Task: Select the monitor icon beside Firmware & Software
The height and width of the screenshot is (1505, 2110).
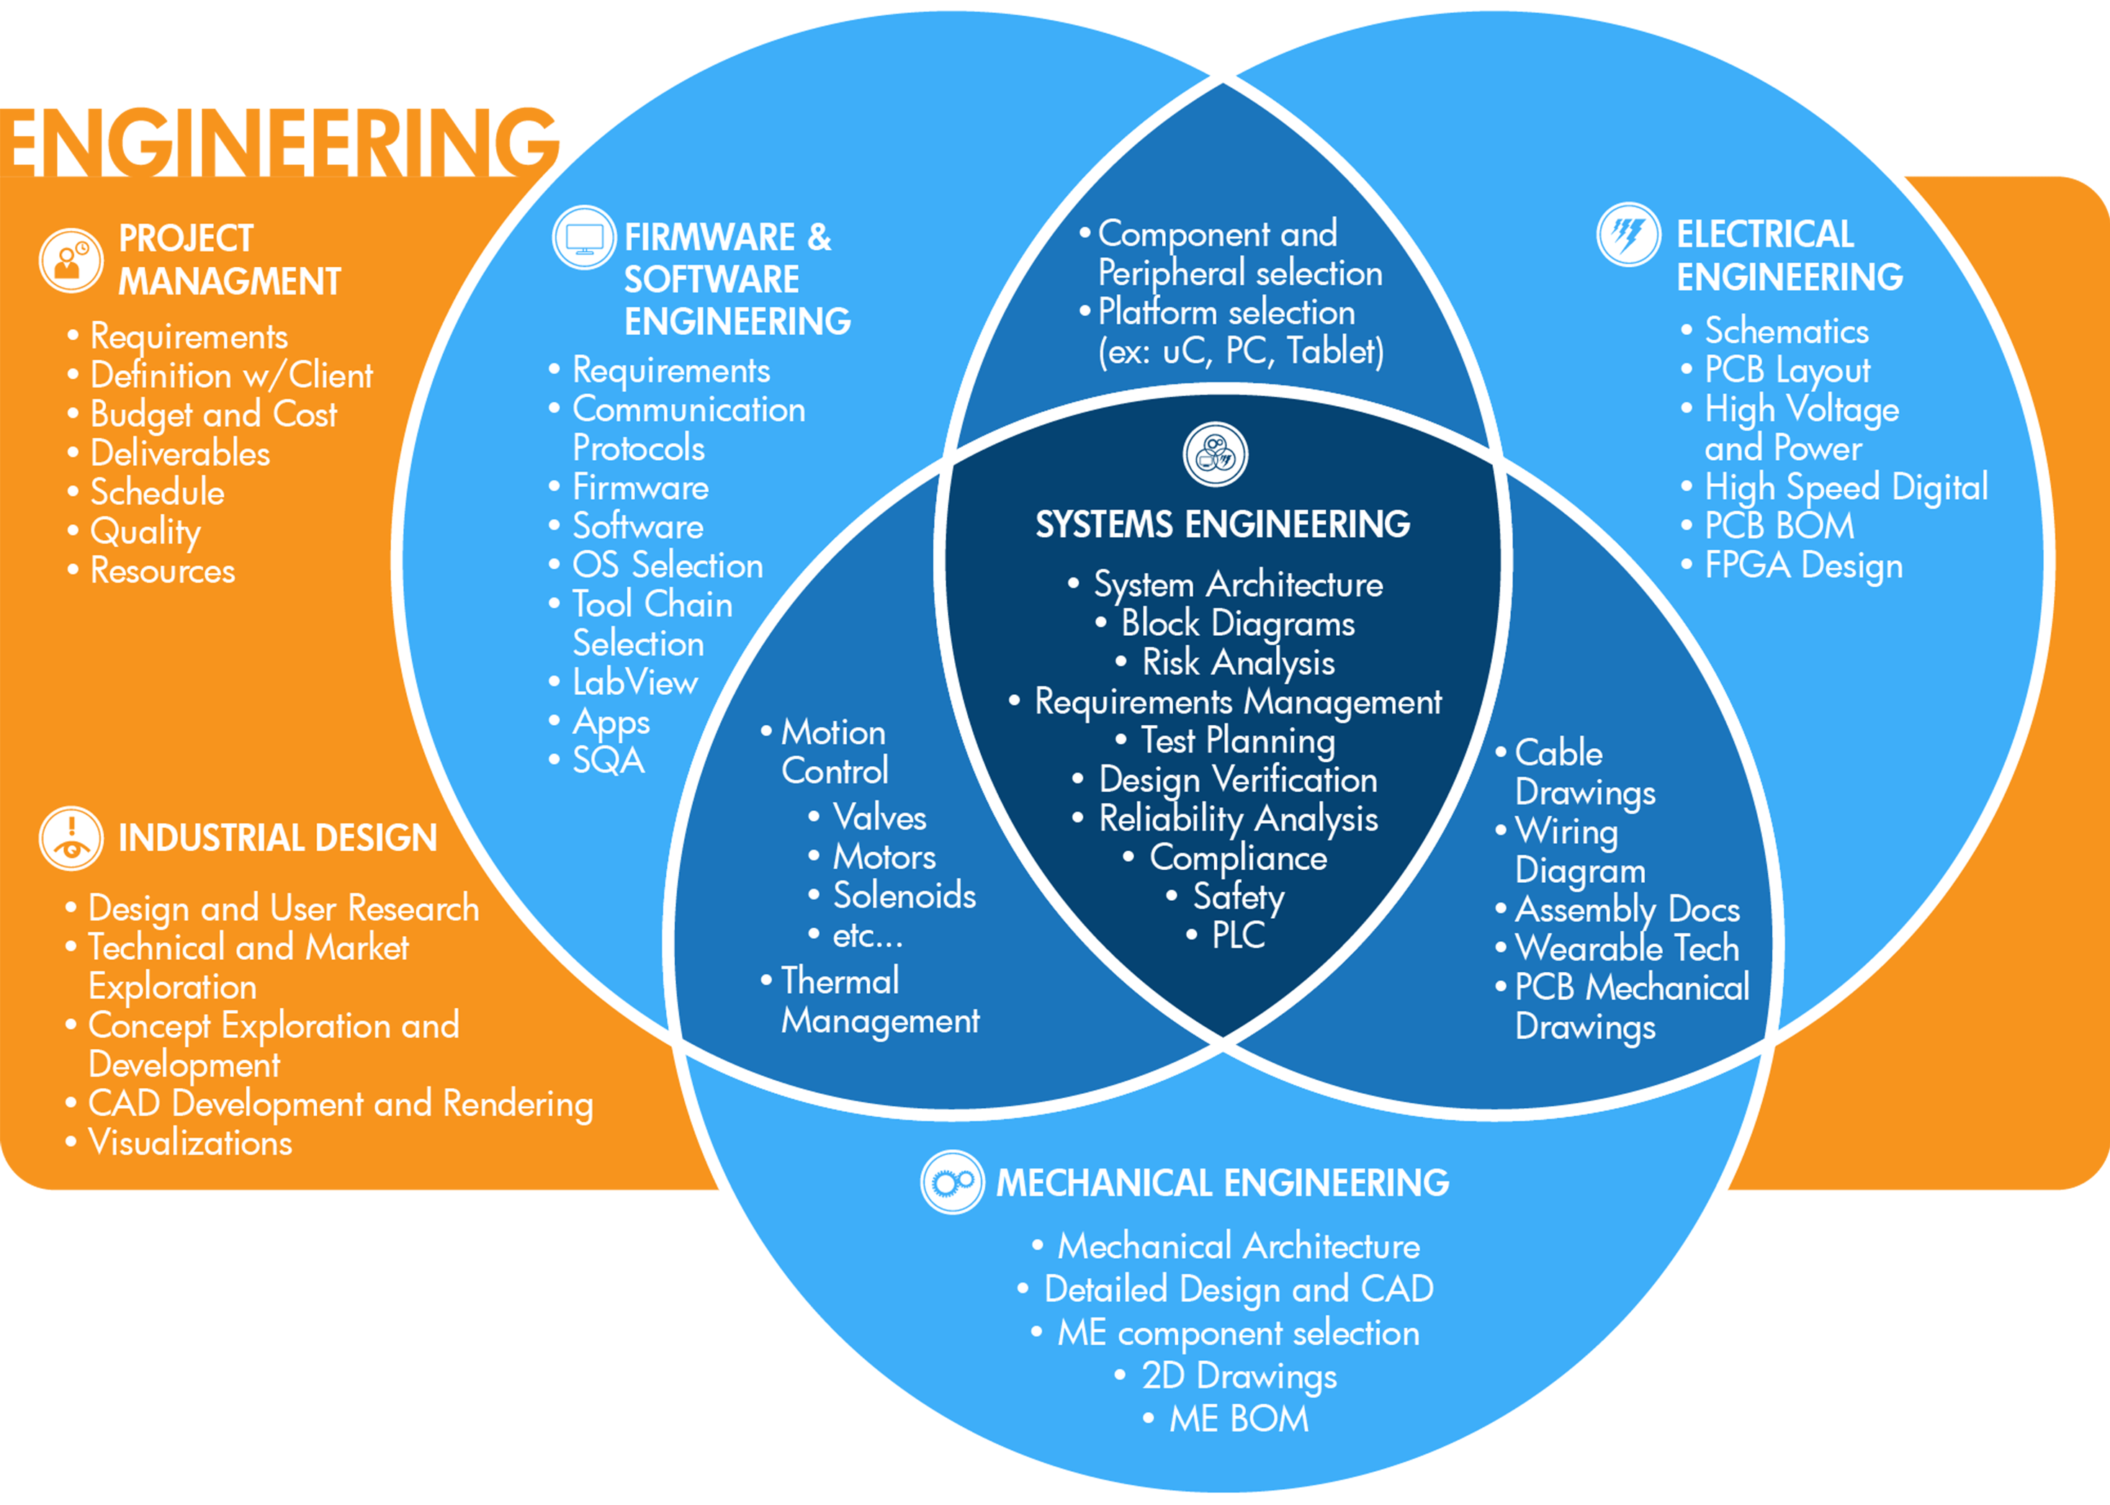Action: [x=584, y=237]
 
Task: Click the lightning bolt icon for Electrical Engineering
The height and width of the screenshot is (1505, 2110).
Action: [x=1628, y=233]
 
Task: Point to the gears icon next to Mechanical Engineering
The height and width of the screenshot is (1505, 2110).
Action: [x=952, y=1182]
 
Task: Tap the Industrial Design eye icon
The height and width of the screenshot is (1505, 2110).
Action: [x=71, y=837]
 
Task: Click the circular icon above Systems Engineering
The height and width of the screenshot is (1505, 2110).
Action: [x=1215, y=454]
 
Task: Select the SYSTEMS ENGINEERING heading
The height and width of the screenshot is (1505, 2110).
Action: [x=1222, y=524]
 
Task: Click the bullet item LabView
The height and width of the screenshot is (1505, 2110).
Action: [x=634, y=683]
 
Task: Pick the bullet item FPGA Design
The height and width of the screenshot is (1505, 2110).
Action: [x=1803, y=565]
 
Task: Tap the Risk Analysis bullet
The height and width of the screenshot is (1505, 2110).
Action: [x=1237, y=662]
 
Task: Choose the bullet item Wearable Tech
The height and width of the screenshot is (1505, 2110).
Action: [x=1626, y=948]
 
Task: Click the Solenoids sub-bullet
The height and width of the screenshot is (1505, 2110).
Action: [x=904, y=896]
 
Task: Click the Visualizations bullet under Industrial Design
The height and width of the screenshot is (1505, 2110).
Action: [x=190, y=1143]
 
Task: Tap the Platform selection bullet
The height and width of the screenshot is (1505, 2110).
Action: [x=1225, y=313]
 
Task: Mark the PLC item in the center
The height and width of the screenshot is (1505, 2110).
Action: [x=1237, y=935]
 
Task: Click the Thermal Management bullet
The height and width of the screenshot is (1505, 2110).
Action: [x=879, y=1001]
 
